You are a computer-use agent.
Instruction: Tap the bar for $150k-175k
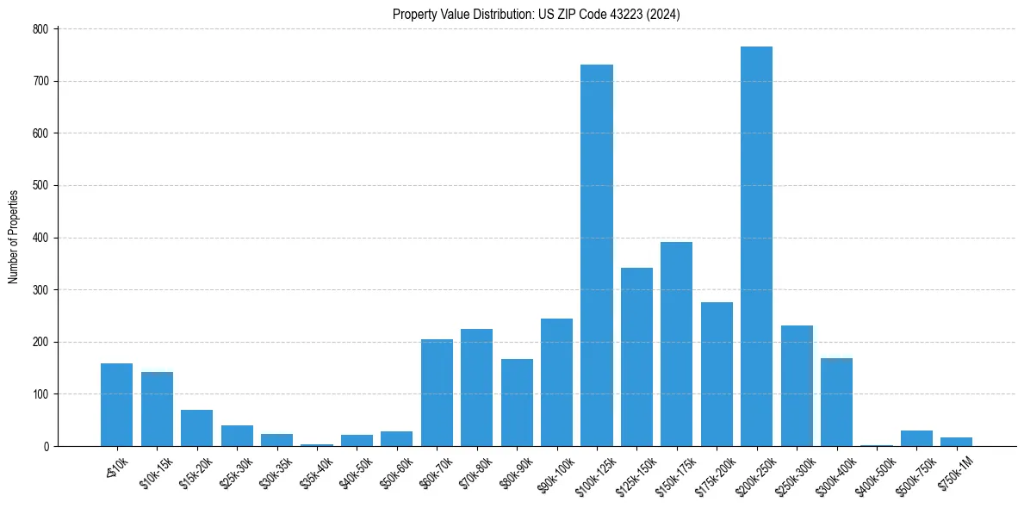pos(676,344)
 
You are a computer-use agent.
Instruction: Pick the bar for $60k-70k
pos(437,393)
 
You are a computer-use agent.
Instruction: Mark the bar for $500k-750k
pos(916,438)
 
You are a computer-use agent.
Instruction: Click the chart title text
pos(537,14)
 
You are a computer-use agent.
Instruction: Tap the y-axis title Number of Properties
pos(14,237)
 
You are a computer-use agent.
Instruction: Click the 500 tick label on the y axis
pos(42,186)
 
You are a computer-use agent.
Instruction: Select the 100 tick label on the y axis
pos(42,394)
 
